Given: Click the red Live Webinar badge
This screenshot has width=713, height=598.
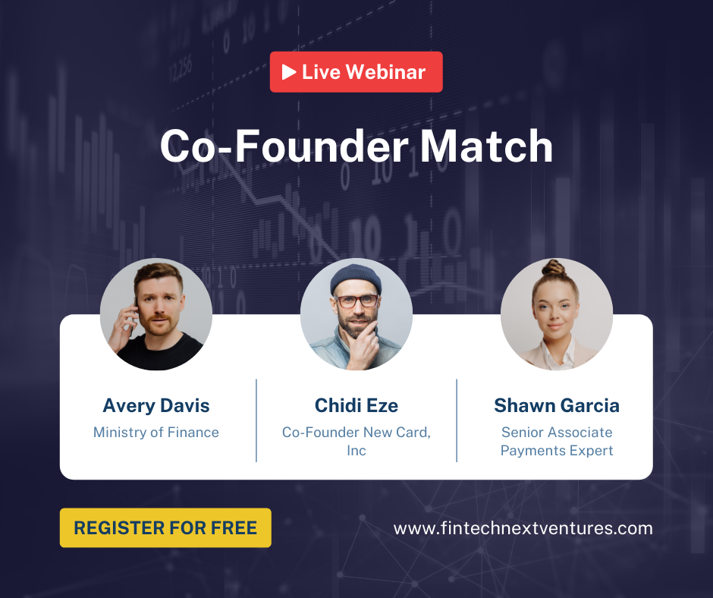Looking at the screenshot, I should click(x=356, y=72).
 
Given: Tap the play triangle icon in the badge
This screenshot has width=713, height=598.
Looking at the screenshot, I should click(x=289, y=72).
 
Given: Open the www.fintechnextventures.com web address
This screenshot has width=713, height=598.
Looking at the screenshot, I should click(x=523, y=528).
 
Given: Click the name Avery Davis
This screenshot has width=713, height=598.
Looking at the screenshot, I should click(x=156, y=406).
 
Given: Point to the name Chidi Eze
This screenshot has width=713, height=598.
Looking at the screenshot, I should click(x=356, y=406).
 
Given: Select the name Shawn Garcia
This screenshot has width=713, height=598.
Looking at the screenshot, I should click(x=557, y=406).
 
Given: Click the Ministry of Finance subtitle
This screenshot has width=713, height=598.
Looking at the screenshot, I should click(x=156, y=433).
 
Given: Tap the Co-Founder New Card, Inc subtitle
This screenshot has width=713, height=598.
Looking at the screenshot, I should click(x=356, y=441).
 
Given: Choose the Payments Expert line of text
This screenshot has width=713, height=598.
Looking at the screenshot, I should click(x=557, y=451).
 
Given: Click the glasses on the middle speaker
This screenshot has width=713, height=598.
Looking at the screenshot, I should click(x=356, y=301).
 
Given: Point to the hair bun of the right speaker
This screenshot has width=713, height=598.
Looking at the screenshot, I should click(x=554, y=268).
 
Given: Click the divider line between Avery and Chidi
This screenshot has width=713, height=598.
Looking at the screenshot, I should click(x=256, y=420).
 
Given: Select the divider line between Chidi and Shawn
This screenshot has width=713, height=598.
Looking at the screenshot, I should click(x=457, y=420).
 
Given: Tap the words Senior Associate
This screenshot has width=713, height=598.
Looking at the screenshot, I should click(x=557, y=433).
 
